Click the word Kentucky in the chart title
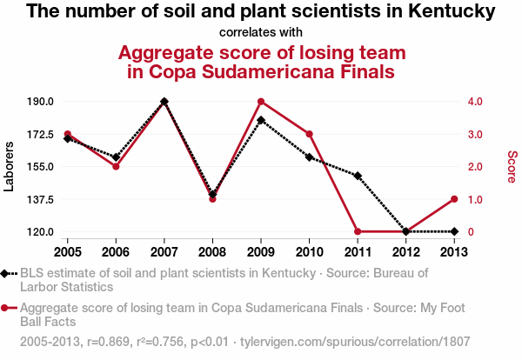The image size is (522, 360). [x=451, y=12]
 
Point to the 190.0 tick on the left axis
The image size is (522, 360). [x=41, y=102]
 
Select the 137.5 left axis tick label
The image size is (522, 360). [x=41, y=199]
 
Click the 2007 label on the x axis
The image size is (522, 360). [x=164, y=251]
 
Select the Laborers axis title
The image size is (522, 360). [x=9, y=166]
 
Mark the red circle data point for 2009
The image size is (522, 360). [x=261, y=102]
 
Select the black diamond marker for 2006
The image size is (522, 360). [x=116, y=157]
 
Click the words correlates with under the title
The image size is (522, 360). [x=261, y=33]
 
